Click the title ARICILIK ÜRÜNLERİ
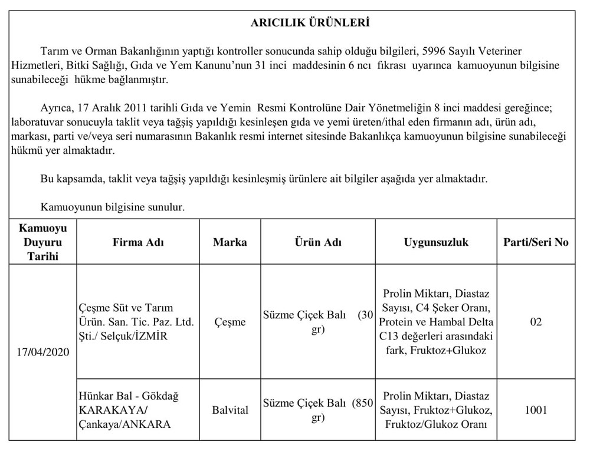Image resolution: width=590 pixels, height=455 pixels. pyautogui.click(x=310, y=23)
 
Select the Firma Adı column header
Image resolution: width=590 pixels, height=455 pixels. pyautogui.click(x=138, y=242)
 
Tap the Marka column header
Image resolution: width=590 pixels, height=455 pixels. pyautogui.click(x=230, y=242)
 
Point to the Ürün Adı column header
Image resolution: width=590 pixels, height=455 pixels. pyautogui.click(x=318, y=242)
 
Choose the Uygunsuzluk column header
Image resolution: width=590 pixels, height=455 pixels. pyautogui.click(x=436, y=242)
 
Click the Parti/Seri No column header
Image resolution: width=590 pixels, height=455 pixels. pyautogui.click(x=536, y=242)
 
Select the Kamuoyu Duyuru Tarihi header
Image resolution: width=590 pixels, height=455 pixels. pyautogui.click(x=43, y=242)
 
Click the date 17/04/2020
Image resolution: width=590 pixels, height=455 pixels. pyautogui.click(x=43, y=352)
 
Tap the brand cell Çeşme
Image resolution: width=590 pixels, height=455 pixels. pyautogui.click(x=230, y=322)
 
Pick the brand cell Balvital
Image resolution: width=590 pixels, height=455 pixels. pyautogui.click(x=230, y=410)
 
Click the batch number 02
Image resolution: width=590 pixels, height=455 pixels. pyautogui.click(x=536, y=322)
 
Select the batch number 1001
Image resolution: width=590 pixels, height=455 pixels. pyautogui.click(x=536, y=410)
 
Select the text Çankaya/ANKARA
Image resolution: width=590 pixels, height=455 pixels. pyautogui.click(x=124, y=424)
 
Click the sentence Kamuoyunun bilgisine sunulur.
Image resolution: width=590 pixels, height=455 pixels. pyautogui.click(x=113, y=207)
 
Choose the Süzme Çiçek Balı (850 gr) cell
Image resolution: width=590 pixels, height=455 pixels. pyautogui.click(x=318, y=410)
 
